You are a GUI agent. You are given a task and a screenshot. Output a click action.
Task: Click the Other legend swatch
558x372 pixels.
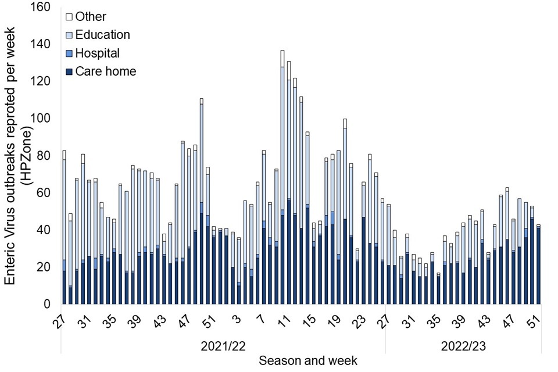pyautogui.click(x=70, y=17)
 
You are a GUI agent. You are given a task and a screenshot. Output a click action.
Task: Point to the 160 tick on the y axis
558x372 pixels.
pyautogui.click(x=43, y=8)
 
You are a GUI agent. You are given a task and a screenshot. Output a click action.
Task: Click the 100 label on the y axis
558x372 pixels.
pyautogui.click(x=43, y=119)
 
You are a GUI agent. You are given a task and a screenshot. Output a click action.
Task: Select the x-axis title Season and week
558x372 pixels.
pyautogui.click(x=308, y=361)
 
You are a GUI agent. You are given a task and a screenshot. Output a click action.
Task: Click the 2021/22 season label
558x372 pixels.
pyautogui.click(x=223, y=346)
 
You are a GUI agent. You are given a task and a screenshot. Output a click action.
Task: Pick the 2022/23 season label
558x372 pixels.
pyautogui.click(x=464, y=346)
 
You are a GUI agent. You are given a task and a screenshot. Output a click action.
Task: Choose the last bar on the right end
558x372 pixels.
pyautogui.click(x=538, y=264)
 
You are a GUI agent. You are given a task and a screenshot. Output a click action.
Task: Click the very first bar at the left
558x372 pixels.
pyautogui.click(x=64, y=227)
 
